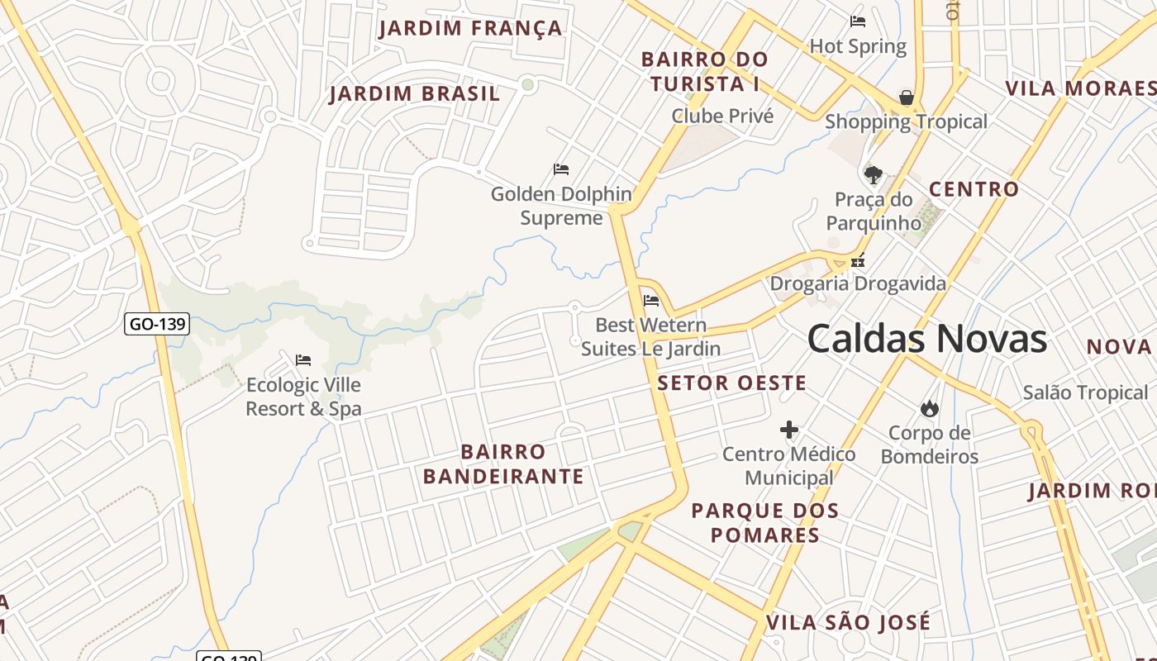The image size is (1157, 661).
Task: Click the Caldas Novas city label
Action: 926,339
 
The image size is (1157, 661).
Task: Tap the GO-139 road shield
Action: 157,324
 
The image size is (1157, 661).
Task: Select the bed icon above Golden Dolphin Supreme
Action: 561,169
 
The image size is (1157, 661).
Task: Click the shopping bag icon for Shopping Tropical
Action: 907,97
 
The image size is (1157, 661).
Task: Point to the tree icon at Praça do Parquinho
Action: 873,174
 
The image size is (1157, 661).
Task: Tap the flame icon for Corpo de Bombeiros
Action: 929,408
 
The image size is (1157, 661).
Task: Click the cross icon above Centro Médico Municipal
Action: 789,430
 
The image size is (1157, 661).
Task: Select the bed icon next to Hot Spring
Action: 858,21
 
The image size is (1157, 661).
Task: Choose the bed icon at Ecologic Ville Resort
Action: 303,360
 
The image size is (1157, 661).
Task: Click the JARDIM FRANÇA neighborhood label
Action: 470,29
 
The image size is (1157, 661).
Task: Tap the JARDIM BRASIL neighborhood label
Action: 414,93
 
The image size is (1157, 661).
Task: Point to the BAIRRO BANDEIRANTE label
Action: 503,464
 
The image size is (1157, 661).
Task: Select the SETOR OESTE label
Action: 731,383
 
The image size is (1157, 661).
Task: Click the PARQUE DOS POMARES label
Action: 764,522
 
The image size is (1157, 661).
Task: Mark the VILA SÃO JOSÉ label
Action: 848,622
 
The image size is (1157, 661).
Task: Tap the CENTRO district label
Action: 974,189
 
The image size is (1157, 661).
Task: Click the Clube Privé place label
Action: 722,116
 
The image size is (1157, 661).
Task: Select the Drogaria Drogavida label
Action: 858,284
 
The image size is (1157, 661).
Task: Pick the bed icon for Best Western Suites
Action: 651,301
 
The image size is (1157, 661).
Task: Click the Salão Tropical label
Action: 1084,392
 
